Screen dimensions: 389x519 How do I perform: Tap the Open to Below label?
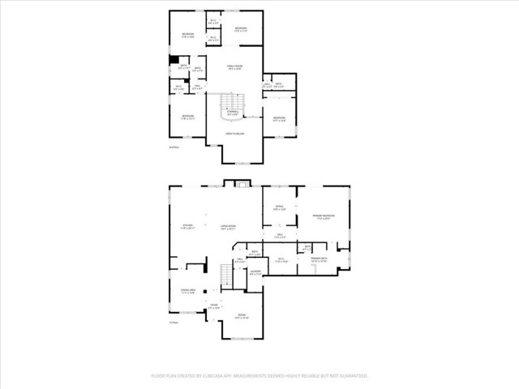tap(236, 132)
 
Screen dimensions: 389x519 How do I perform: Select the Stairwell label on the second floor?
tap(233, 113)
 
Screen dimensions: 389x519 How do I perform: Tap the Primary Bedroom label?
tap(324, 216)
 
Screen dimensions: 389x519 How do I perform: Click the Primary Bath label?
tap(318, 259)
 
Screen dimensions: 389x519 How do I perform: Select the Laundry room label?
tap(255, 273)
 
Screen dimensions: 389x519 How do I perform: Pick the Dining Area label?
tap(188, 292)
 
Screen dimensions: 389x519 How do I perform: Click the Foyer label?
tap(214, 307)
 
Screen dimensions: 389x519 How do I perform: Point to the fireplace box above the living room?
tap(241, 185)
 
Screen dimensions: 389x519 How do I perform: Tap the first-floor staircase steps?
tap(227, 276)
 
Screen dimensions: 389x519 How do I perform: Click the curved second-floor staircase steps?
tap(233, 103)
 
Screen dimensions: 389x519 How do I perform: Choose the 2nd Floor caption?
tap(172, 147)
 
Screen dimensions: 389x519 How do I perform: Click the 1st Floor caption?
tap(172, 323)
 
